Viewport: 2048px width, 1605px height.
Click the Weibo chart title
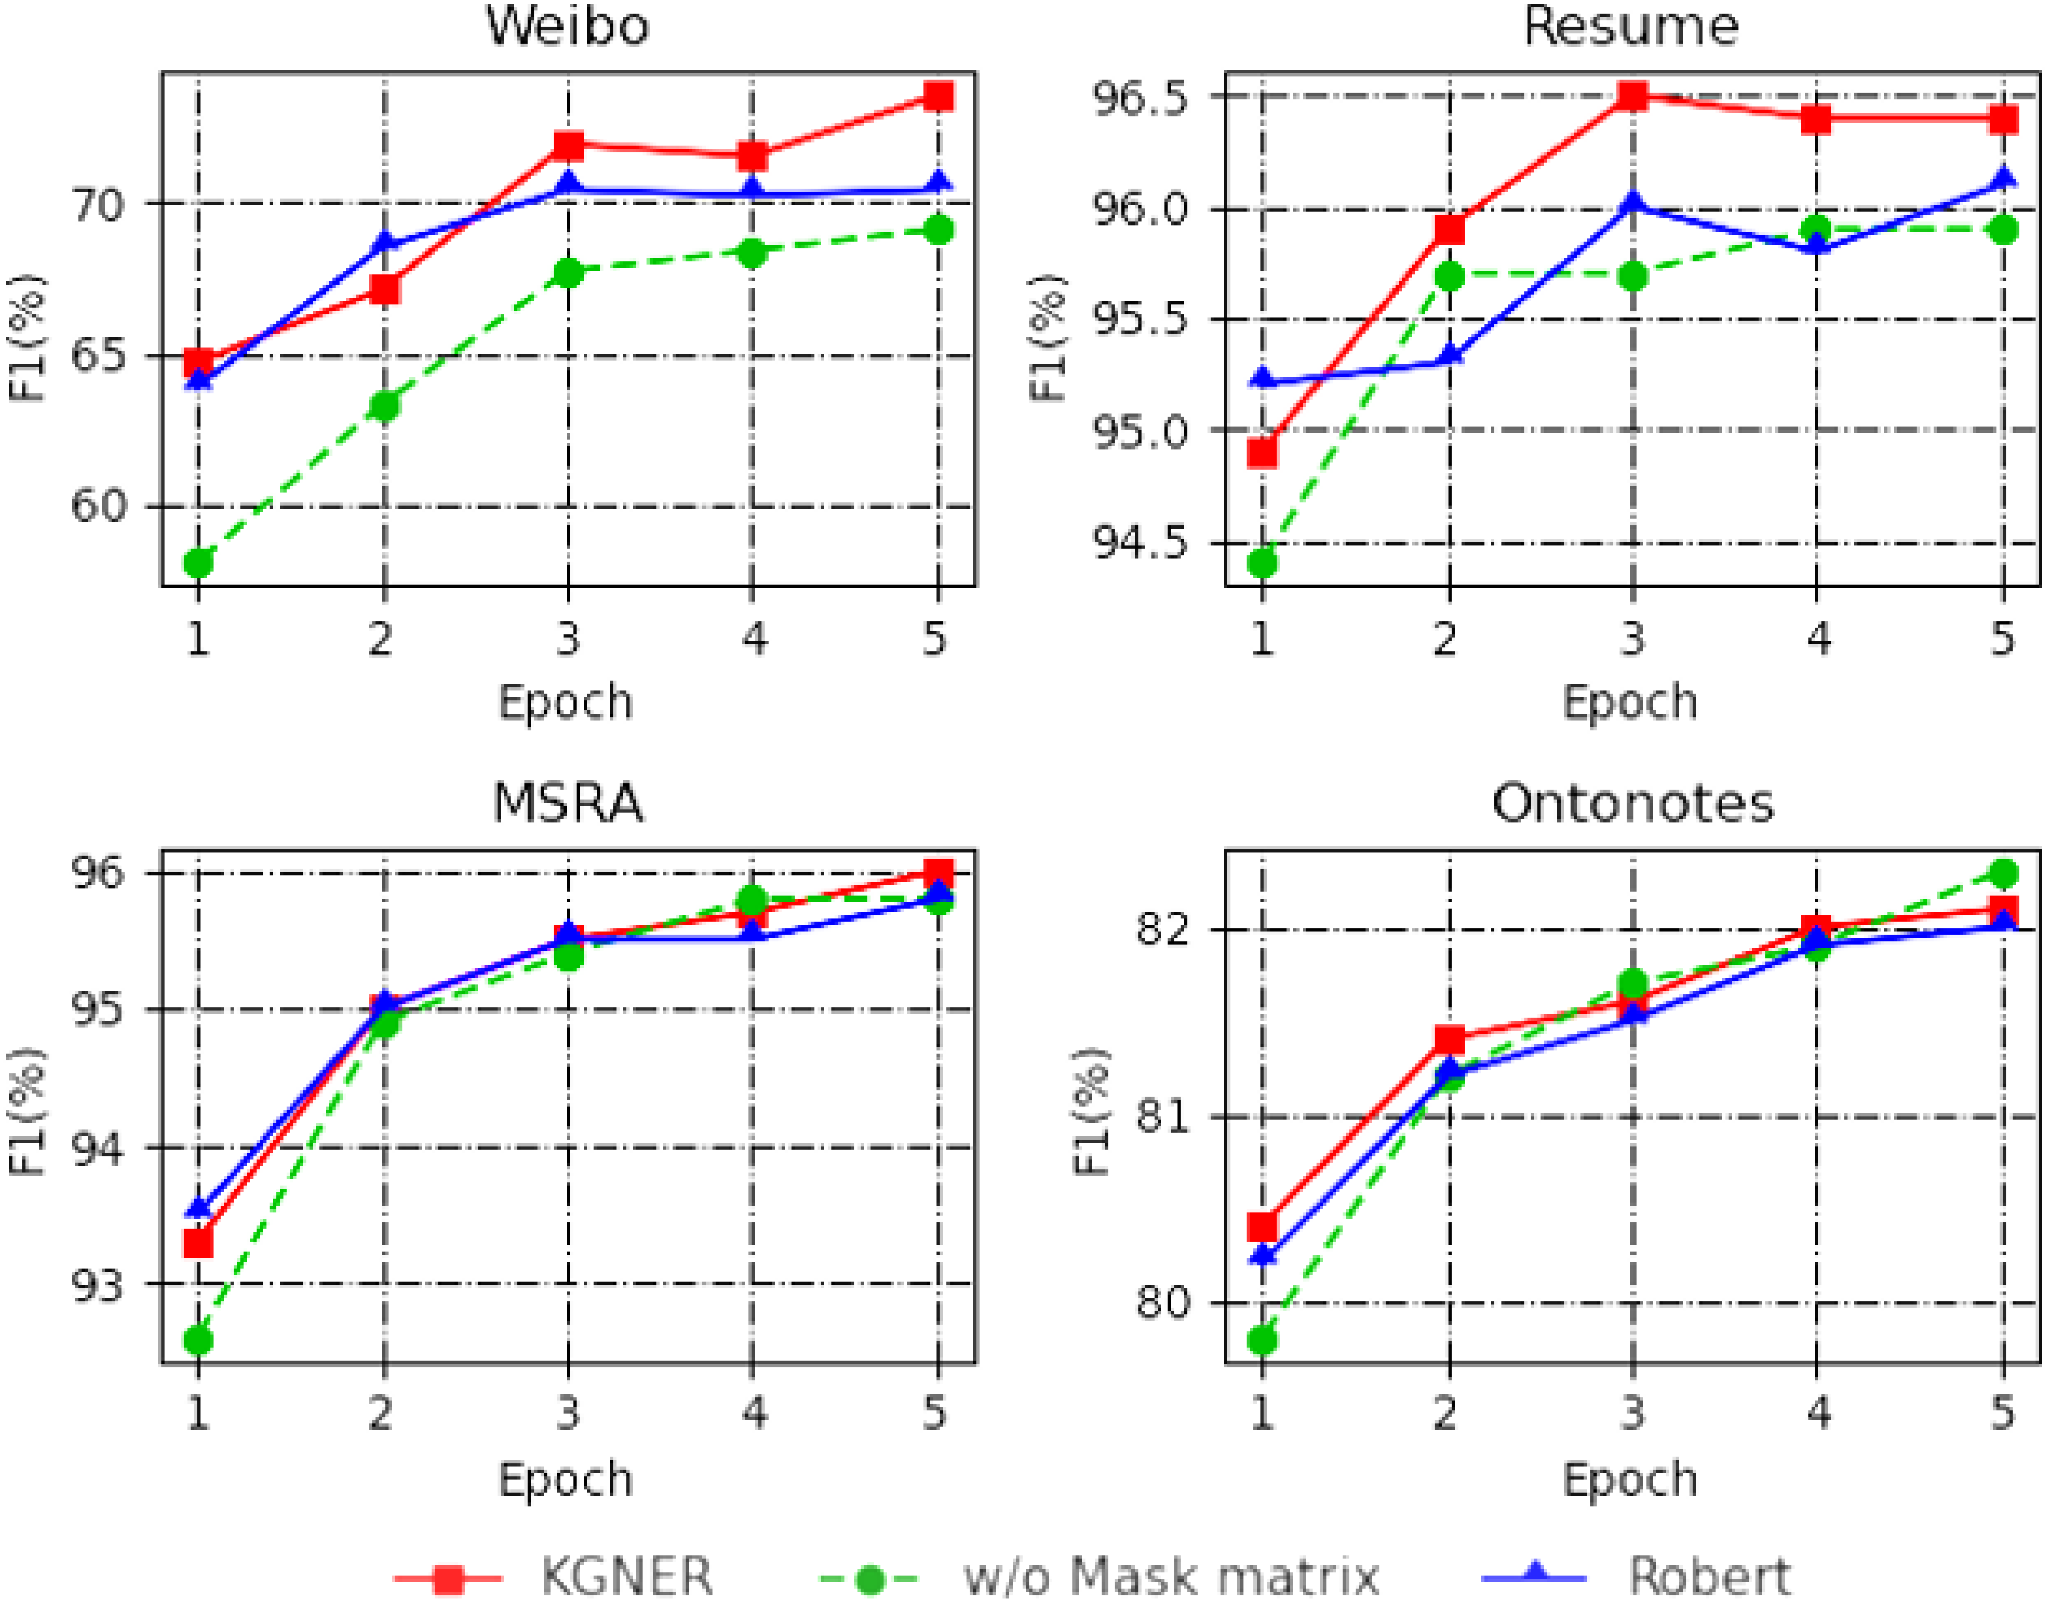[566, 25]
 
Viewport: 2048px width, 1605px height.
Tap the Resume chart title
[1630, 25]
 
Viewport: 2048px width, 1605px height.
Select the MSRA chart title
[568, 803]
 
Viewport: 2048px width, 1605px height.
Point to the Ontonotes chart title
[1633, 803]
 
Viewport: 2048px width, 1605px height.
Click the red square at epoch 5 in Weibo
[938, 96]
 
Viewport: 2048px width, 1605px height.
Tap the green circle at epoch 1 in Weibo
[199, 564]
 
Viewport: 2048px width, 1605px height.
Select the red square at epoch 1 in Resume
[1262, 453]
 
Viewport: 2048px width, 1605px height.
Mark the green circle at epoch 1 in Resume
[1262, 564]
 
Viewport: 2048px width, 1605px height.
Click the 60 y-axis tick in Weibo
[98, 506]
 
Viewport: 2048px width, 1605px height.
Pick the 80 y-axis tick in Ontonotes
[1163, 1303]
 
